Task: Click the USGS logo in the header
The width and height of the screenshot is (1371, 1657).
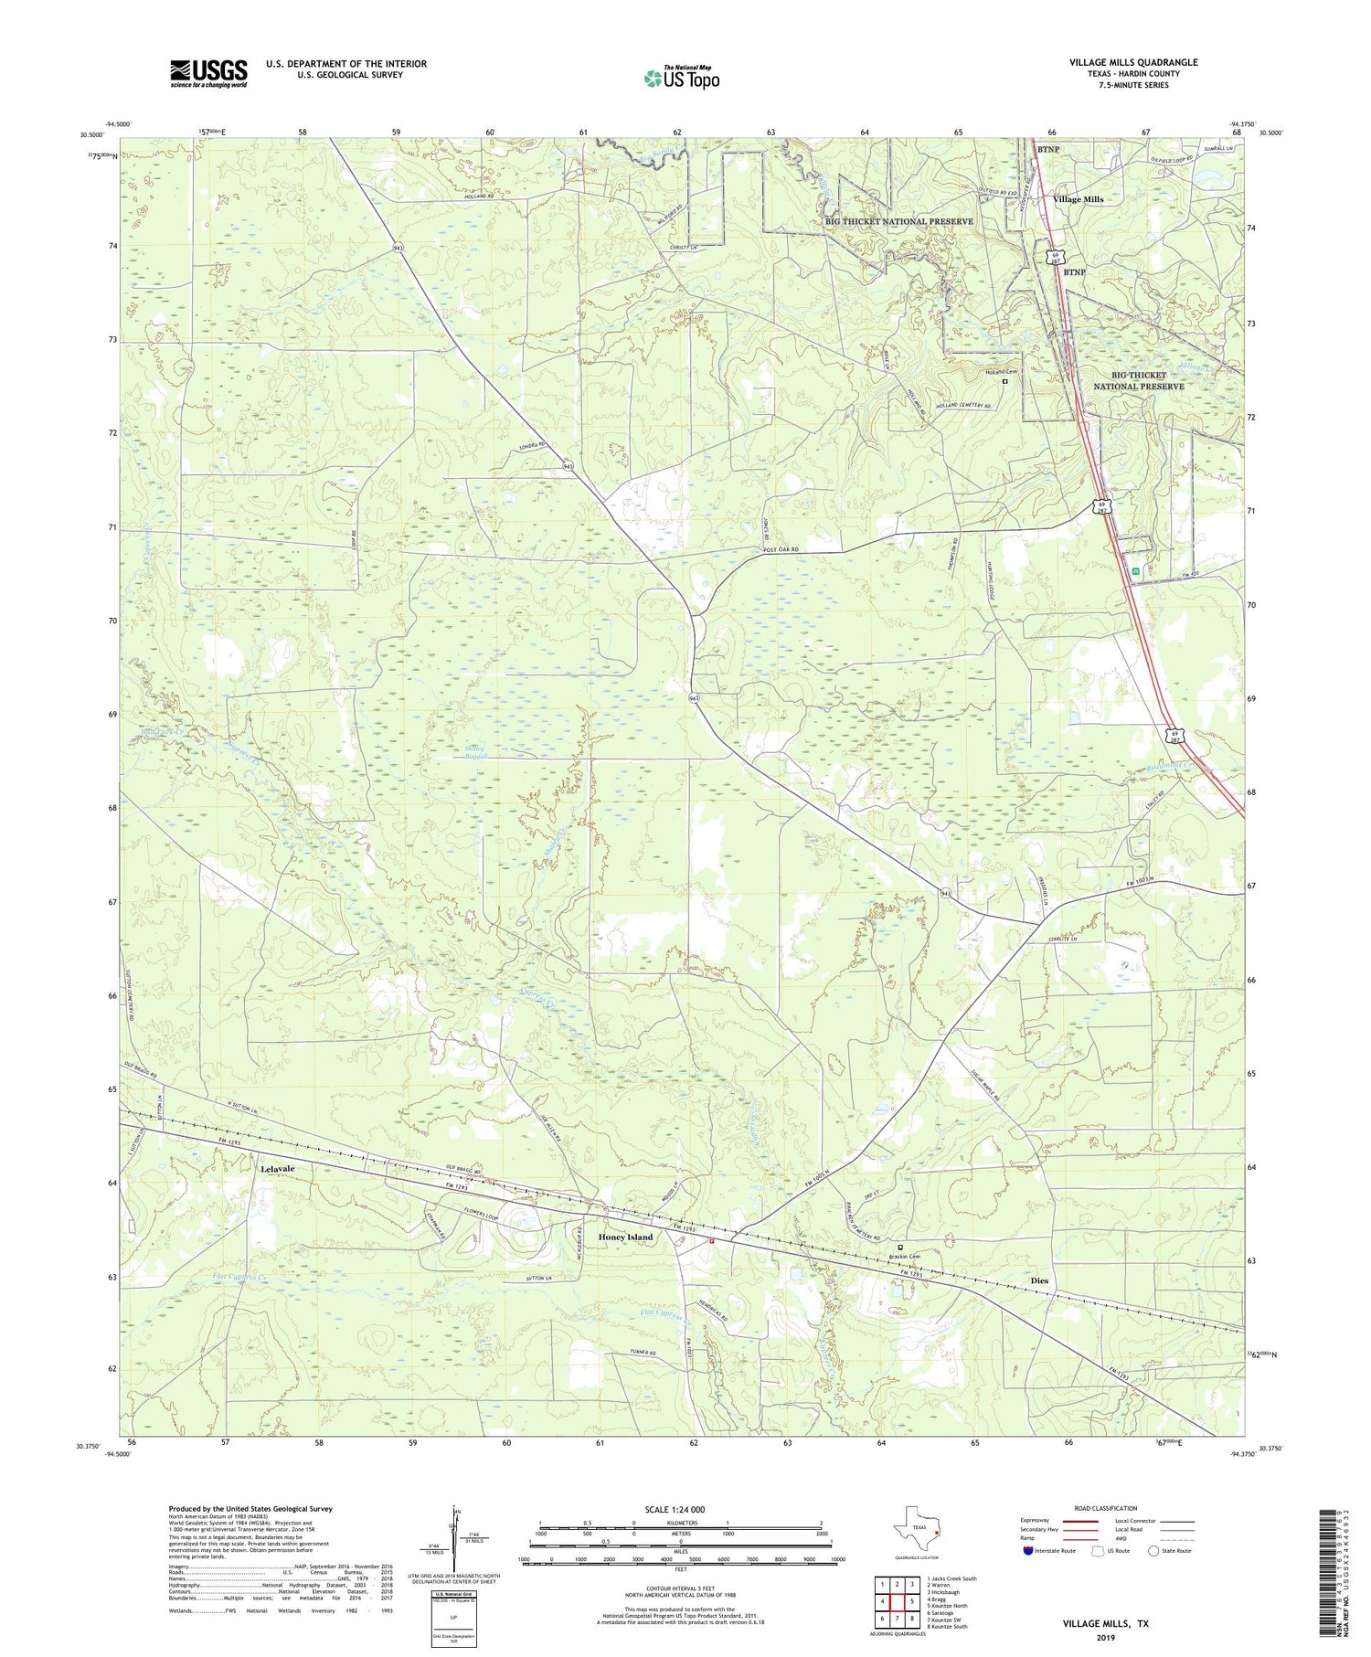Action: click(x=208, y=73)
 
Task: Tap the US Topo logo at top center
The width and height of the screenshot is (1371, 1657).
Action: click(x=681, y=78)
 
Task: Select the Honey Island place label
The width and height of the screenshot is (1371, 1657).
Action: click(x=625, y=1237)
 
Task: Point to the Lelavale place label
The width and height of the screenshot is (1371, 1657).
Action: click(x=280, y=1169)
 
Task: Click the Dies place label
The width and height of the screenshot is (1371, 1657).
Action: click(x=1039, y=1280)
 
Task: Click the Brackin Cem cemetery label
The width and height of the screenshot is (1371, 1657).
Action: click(x=904, y=1256)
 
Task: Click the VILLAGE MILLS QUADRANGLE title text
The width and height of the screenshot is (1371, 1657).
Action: click(x=1133, y=62)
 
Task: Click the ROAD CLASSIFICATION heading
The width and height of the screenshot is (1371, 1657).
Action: click(x=1105, y=1508)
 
